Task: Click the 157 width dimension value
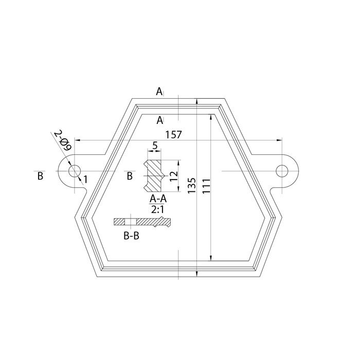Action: pos(174,135)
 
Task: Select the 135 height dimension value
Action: pos(192,185)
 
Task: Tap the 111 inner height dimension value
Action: pos(206,186)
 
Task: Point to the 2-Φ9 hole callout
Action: pos(63,140)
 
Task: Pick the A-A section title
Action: pos(158,199)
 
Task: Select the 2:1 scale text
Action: pos(157,209)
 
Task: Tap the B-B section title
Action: pos(131,236)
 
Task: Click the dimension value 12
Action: pos(174,176)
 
